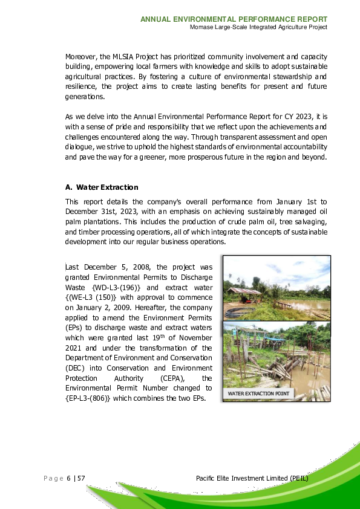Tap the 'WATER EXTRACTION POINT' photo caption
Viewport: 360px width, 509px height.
click(258, 394)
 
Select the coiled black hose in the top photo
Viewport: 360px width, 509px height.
click(237, 313)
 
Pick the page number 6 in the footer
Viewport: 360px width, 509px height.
click(68, 479)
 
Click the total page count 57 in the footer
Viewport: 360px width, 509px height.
click(80, 479)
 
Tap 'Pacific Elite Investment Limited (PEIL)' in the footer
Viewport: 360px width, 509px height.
click(252, 479)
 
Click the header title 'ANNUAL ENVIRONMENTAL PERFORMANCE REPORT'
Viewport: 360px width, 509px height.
click(234, 19)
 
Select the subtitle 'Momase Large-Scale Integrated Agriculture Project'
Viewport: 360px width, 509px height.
click(258, 27)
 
